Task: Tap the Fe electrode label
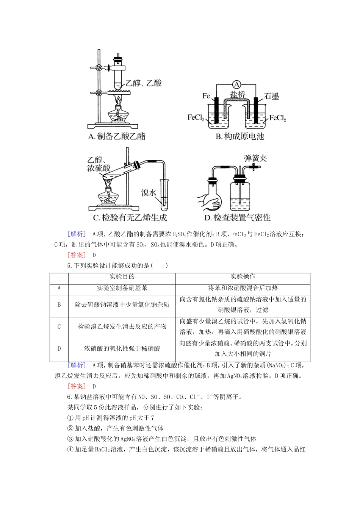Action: click(206, 96)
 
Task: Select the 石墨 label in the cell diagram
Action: click(271, 96)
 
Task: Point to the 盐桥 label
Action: click(238, 95)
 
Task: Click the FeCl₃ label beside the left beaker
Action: click(196, 118)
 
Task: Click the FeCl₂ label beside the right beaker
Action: click(278, 118)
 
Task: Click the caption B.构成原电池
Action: click(240, 137)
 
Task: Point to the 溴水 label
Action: click(149, 193)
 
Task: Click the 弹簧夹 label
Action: click(255, 158)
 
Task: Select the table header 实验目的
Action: click(122, 277)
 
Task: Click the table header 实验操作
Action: click(243, 277)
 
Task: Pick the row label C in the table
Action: click(59, 326)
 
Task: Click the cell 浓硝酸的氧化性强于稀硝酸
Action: click(122, 348)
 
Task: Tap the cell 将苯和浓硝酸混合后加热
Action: click(243, 288)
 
